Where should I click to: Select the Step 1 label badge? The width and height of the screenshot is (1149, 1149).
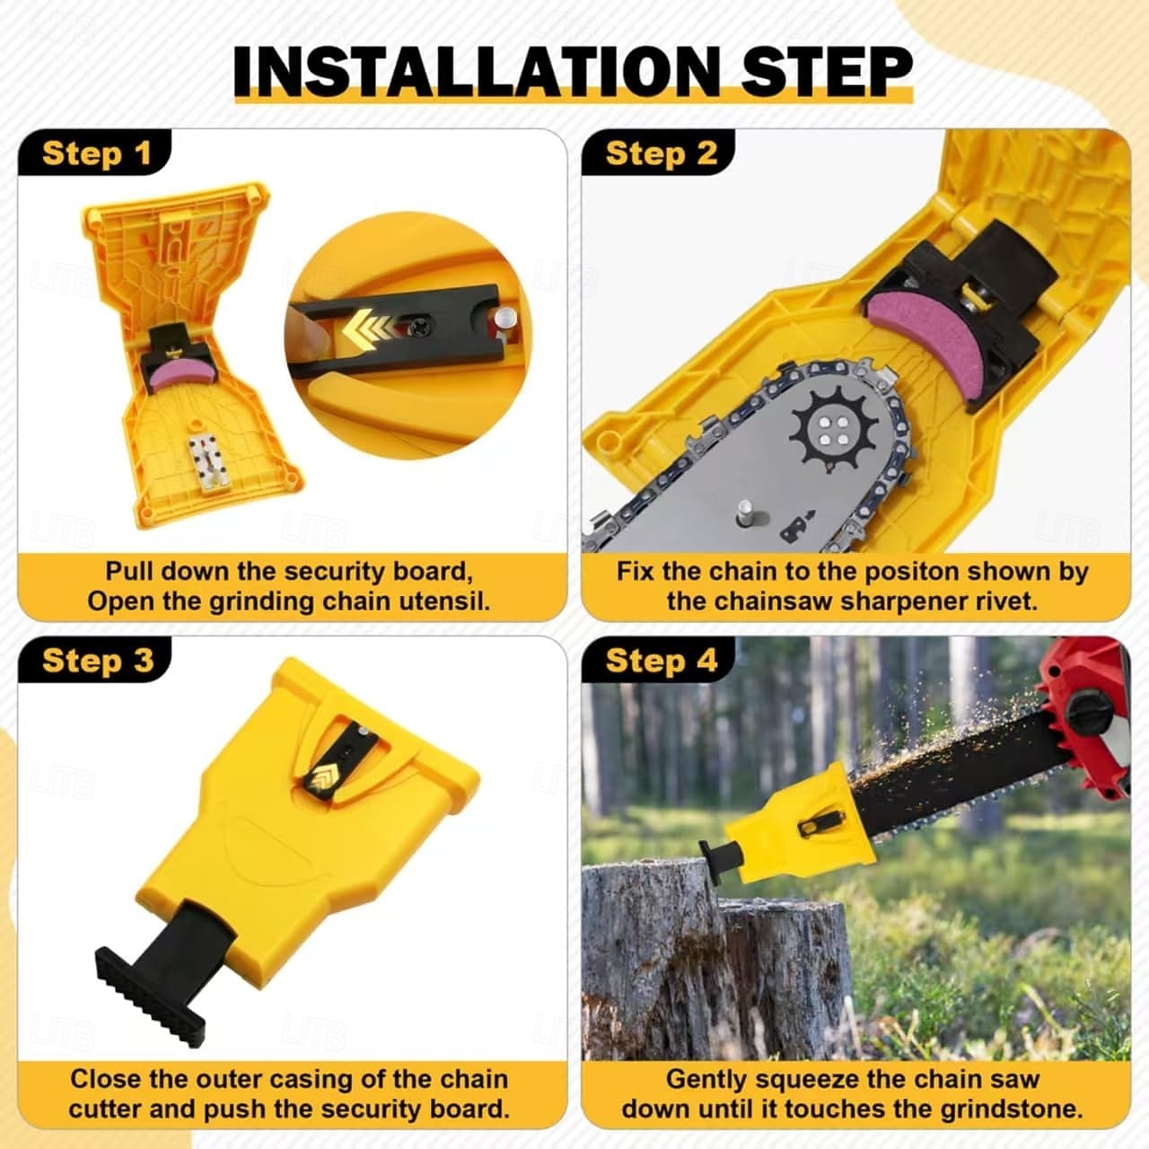pos(95,153)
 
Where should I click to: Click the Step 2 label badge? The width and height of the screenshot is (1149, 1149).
pos(660,153)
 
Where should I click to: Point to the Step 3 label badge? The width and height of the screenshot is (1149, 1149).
pos(95,660)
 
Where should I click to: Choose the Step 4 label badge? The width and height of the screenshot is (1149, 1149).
pos(660,660)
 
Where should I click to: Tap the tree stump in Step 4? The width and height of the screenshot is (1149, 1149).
pos(715,960)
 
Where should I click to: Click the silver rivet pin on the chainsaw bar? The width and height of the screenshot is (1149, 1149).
pos(745,512)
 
